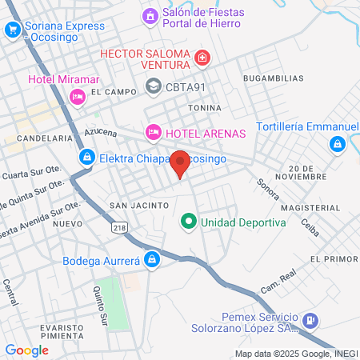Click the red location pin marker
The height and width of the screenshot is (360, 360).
click(x=181, y=163)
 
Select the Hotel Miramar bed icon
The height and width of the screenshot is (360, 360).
click(x=78, y=96)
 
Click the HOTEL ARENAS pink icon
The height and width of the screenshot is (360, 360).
click(x=153, y=131)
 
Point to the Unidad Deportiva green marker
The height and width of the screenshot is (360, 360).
click(x=189, y=221)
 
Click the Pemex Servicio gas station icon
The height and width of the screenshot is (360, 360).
click(x=310, y=322)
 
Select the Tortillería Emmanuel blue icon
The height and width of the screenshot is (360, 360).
click(x=337, y=143)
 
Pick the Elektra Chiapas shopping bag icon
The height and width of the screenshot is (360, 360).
click(x=86, y=158)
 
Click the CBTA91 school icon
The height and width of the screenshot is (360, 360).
click(x=153, y=86)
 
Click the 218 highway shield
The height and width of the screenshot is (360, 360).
click(x=120, y=229)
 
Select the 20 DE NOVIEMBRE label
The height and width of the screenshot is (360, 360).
click(x=308, y=171)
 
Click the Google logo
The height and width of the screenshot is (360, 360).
click(x=27, y=350)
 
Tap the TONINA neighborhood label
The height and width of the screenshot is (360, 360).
click(x=204, y=107)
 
